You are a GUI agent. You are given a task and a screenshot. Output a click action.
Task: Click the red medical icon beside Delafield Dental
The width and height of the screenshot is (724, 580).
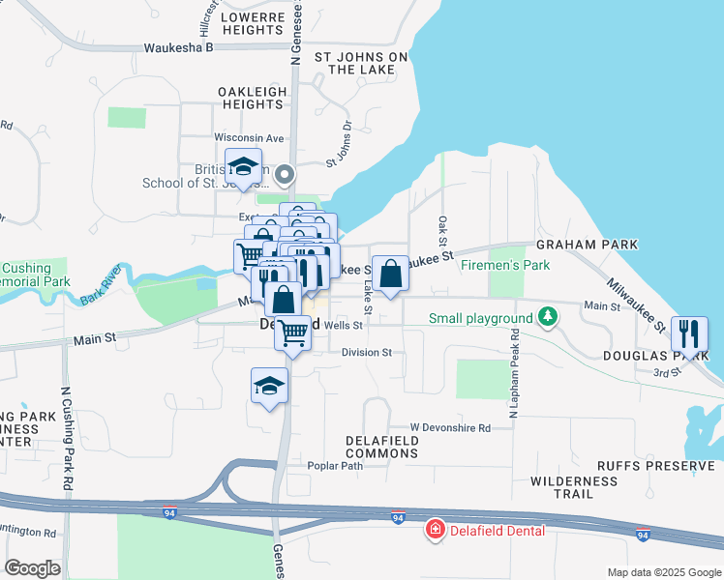tap(436, 530)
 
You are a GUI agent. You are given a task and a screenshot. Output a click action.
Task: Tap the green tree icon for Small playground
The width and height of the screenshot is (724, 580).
tap(548, 317)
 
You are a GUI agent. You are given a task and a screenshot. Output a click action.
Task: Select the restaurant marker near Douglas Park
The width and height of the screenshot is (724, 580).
tap(689, 333)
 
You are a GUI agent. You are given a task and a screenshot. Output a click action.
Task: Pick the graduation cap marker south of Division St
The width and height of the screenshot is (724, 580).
tap(269, 386)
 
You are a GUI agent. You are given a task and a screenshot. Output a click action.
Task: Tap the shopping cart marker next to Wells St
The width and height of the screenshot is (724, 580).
tap(293, 333)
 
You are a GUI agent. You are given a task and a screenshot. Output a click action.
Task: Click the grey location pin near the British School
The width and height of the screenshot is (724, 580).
tap(285, 175)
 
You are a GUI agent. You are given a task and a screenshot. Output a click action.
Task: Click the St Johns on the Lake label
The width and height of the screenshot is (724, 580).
tap(361, 63)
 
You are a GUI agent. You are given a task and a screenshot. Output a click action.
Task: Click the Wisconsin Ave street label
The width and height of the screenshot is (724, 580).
tap(249, 137)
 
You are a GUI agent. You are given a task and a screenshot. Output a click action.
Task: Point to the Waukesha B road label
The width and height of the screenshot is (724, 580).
tap(177, 47)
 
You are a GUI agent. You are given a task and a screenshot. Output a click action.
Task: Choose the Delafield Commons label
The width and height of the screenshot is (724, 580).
tap(382, 447)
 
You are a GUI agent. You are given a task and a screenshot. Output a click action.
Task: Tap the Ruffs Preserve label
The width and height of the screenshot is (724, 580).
tap(655, 465)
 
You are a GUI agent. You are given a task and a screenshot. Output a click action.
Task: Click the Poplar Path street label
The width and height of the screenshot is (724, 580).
tap(334, 465)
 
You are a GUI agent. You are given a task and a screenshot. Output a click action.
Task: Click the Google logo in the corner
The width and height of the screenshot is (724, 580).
tap(32, 567)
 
